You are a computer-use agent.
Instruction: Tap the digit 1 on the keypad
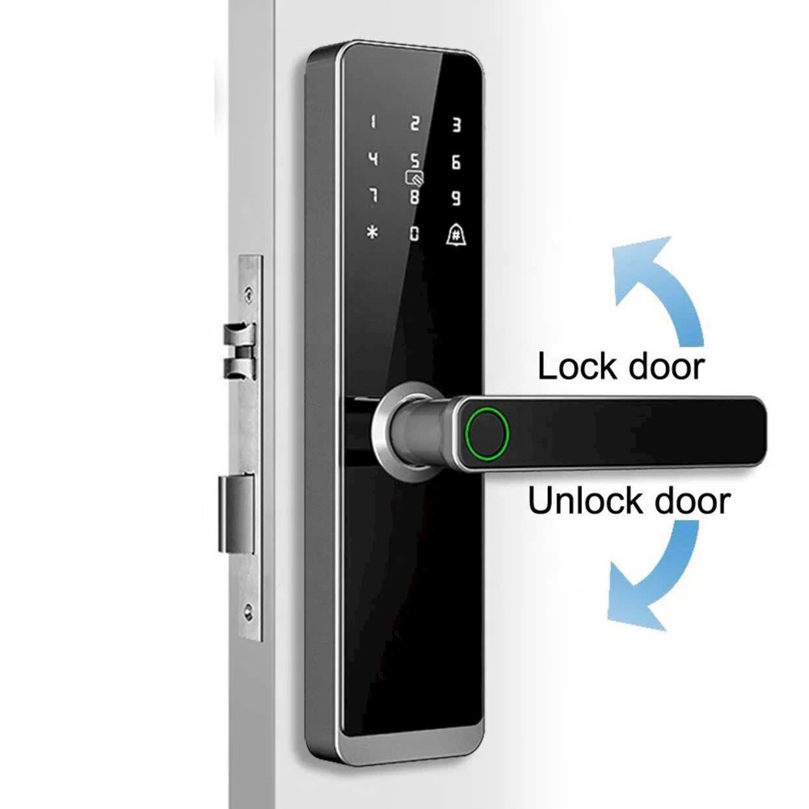pyautogui.click(x=373, y=122)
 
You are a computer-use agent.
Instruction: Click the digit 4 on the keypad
pyautogui.click(x=373, y=160)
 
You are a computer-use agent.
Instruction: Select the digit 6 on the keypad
pyautogui.click(x=456, y=162)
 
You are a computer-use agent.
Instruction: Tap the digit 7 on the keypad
pyautogui.click(x=373, y=196)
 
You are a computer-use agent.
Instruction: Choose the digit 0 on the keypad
pyautogui.click(x=414, y=233)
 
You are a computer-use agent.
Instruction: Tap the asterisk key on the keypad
pyautogui.click(x=373, y=232)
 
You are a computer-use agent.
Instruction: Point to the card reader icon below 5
pyautogui.click(x=414, y=178)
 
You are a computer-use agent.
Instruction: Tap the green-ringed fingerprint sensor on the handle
pyautogui.click(x=487, y=434)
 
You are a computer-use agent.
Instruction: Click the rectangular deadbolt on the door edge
pyautogui.click(x=236, y=515)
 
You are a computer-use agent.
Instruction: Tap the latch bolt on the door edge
pyautogui.click(x=239, y=351)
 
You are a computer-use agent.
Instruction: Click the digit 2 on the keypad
pyautogui.click(x=414, y=123)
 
